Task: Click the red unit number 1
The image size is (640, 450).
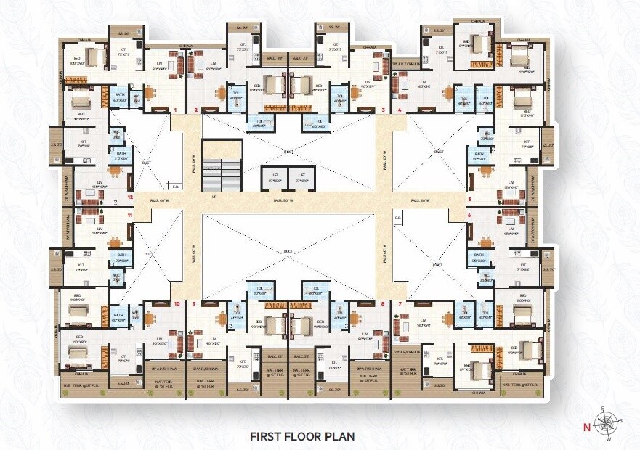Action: point(175,110)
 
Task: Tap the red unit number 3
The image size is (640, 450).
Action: point(382,110)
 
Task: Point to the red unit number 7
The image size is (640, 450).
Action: point(400,303)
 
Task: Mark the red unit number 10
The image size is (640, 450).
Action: point(177,303)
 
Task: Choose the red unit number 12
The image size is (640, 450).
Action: point(130,197)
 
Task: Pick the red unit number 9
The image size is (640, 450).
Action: point(195,303)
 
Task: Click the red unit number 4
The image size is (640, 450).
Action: point(400,110)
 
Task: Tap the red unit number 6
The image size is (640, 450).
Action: point(469,216)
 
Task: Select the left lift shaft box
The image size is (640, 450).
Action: point(275,178)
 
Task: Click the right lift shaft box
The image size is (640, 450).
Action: point(301,178)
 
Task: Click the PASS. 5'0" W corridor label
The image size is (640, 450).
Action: point(282,199)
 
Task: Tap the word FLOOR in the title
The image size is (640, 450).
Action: point(306,436)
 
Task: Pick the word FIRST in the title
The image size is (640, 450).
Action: point(267,436)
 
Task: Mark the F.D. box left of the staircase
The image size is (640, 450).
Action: point(174,185)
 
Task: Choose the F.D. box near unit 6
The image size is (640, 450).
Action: point(397,218)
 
